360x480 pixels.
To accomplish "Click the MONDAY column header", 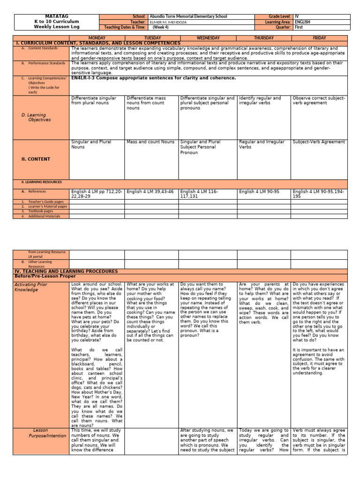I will tap(97, 38).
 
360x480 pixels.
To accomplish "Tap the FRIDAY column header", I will tap(319, 38).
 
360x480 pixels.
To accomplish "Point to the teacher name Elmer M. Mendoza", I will tap(168, 22).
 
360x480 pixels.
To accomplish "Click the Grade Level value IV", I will tap(297, 16).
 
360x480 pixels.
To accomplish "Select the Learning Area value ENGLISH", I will tap(302, 22).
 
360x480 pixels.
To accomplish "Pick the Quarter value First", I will tap(299, 27).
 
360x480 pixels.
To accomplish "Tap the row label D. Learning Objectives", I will tap(37, 117).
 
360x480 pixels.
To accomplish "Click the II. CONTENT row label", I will tap(36, 159).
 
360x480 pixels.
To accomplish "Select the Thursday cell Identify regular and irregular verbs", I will tap(260, 100).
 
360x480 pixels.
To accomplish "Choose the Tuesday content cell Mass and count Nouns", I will tap(150, 142).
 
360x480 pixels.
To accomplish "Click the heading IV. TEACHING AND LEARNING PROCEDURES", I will tap(67, 271).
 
